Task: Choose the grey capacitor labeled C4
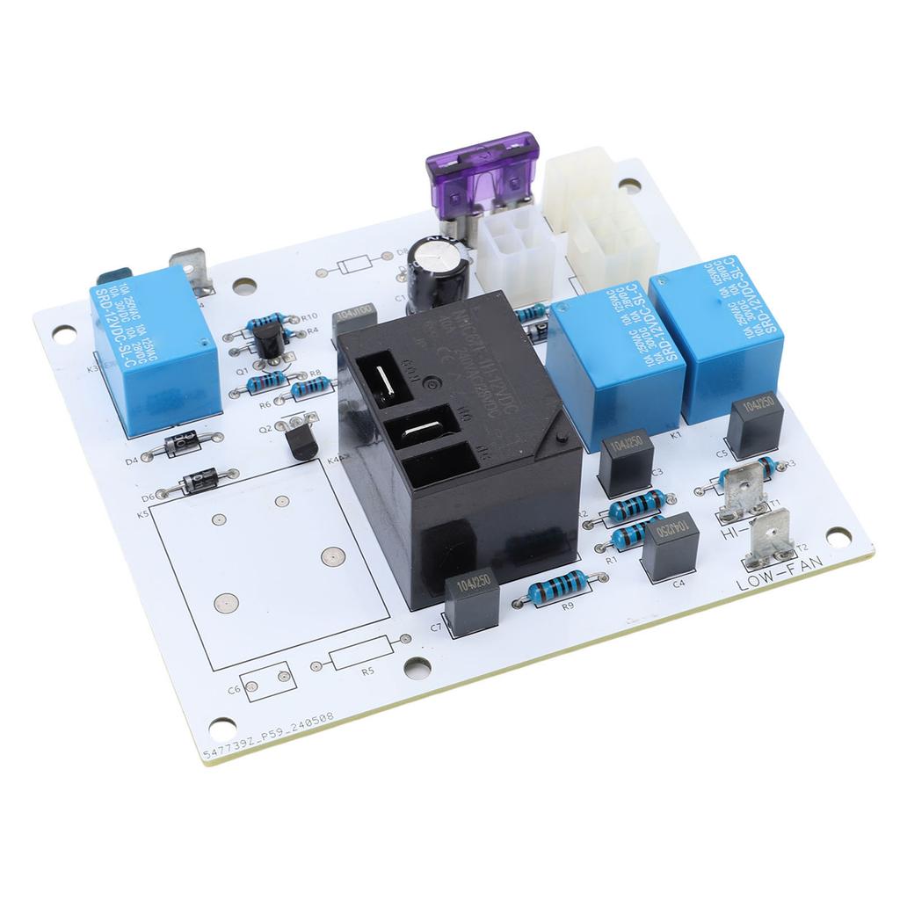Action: (670, 545)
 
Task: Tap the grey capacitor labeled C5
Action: (754, 423)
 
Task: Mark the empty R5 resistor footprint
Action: (363, 655)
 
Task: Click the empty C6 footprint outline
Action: (268, 681)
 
